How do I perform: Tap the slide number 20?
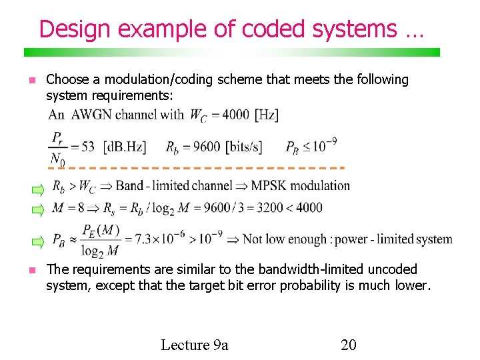tap(348, 345)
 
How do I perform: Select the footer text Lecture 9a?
tap(195, 345)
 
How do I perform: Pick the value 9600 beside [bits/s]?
tap(207, 147)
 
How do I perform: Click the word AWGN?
tap(91, 115)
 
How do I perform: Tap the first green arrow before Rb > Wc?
tap(39, 190)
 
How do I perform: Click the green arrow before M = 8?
tap(39, 210)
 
